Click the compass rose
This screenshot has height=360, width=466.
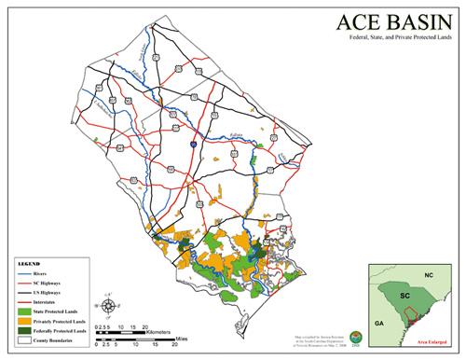[110, 307]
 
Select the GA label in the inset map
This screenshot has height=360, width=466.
[379, 321]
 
